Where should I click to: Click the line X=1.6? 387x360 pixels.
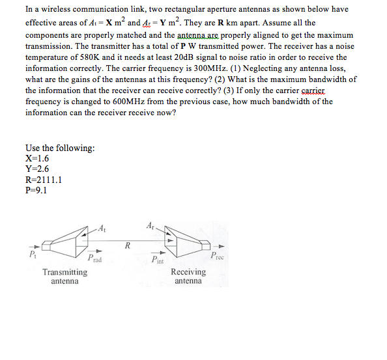37,158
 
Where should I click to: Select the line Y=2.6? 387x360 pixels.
37,169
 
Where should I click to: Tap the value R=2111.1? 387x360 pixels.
44,180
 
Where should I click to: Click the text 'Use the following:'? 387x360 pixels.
60,148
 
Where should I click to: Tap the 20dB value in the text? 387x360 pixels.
199,57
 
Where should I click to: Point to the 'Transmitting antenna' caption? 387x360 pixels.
64,277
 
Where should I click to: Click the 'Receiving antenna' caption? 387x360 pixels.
189,277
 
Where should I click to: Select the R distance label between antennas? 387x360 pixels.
128,245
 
